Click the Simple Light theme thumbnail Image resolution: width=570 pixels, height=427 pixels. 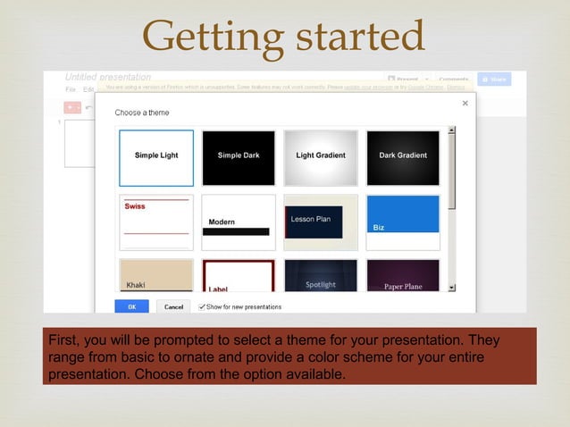(x=156, y=158)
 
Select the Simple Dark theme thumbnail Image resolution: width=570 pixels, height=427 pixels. (x=239, y=158)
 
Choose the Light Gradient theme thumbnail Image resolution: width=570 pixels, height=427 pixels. (x=321, y=158)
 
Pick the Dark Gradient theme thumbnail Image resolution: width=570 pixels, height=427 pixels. (x=403, y=158)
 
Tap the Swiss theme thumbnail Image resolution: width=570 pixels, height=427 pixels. (x=156, y=222)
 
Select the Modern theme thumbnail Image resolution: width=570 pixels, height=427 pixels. (x=239, y=222)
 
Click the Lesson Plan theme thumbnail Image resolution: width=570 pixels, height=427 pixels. (x=321, y=222)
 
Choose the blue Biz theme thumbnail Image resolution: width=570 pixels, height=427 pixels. (x=403, y=222)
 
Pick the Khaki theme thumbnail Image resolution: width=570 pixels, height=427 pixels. (x=156, y=275)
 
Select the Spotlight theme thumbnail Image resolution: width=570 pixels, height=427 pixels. (x=321, y=275)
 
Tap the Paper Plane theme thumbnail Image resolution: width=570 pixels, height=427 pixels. (x=403, y=275)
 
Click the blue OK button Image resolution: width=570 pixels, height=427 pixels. (x=132, y=306)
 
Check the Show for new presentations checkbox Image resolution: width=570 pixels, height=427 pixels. (x=202, y=306)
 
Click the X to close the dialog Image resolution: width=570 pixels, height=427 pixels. (x=465, y=104)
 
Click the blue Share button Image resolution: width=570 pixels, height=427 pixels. (x=494, y=79)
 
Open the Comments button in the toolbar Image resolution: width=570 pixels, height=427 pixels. (x=453, y=79)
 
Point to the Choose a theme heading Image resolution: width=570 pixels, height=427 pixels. (x=142, y=113)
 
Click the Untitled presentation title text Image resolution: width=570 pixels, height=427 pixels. (x=108, y=77)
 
